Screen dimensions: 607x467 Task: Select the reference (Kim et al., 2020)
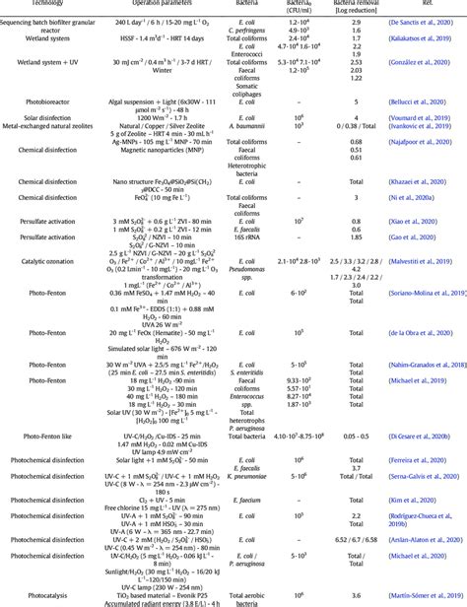(x=414, y=501)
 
